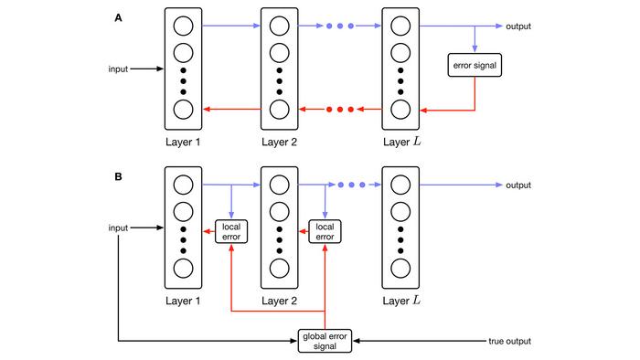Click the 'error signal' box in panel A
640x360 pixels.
[x=475, y=66]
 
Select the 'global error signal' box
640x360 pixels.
[x=325, y=341]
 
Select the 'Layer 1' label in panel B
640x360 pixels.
[x=184, y=300]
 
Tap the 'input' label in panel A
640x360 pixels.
[x=119, y=69]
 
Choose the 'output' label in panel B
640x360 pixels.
[x=519, y=185]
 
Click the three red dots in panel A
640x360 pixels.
[x=339, y=110]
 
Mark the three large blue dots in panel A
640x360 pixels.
[x=339, y=26]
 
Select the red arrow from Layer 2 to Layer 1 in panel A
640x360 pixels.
[x=231, y=110]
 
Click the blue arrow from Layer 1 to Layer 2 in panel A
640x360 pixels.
[x=231, y=26]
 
